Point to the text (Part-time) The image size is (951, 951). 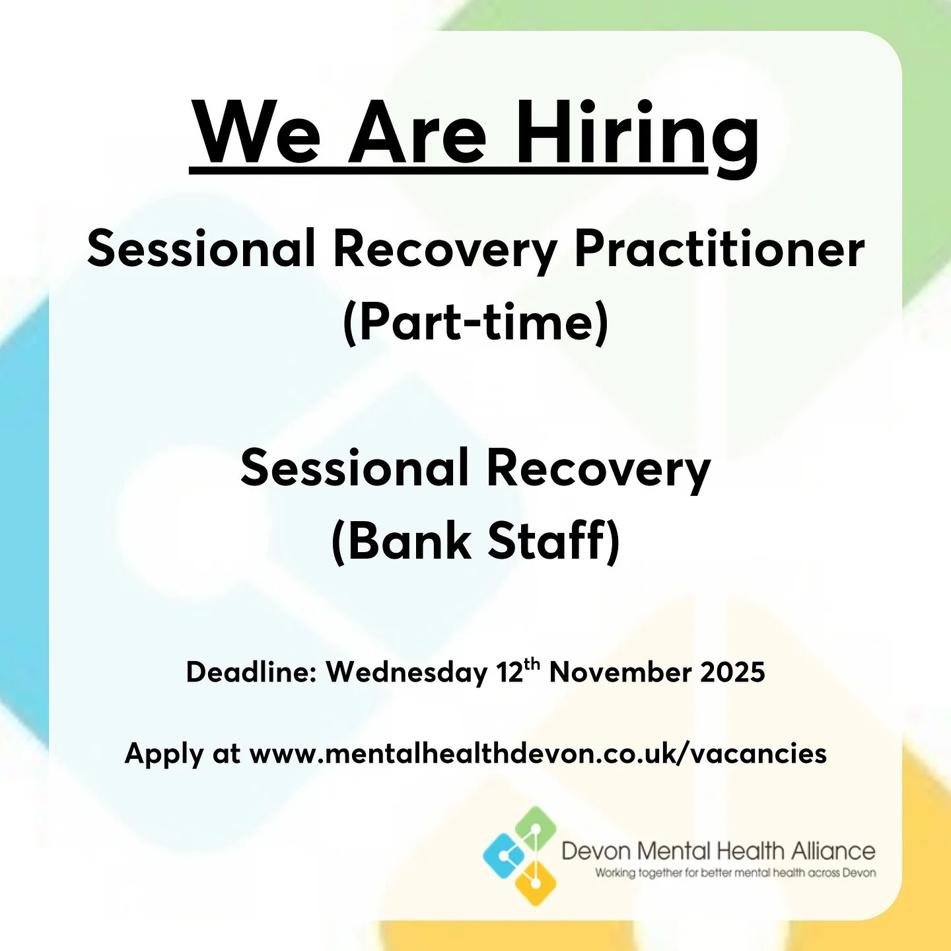pos(475,323)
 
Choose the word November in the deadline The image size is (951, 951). pos(621,672)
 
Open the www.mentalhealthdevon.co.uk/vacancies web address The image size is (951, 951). pos(538,754)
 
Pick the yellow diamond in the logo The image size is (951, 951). pos(534,883)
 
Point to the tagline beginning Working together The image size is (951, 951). pos(735,873)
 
